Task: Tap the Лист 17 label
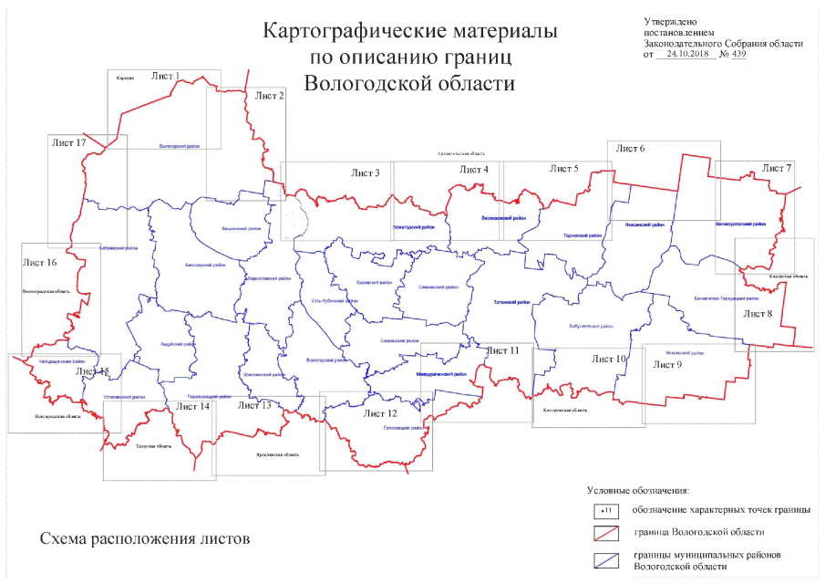[68, 143]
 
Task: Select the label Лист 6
[630, 148]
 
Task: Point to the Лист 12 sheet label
[379, 413]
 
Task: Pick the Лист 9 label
[668, 364]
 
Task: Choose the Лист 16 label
[39, 263]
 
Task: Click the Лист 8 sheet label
[758, 314]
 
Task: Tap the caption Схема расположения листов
[144, 538]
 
